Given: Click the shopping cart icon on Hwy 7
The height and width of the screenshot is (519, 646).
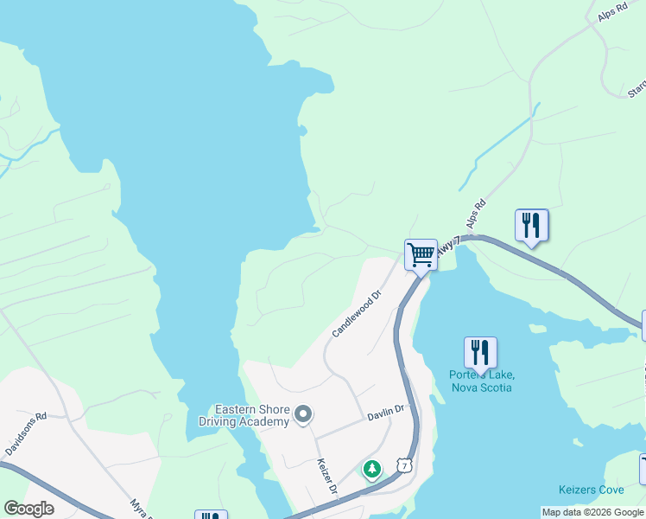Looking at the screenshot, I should [x=421, y=255].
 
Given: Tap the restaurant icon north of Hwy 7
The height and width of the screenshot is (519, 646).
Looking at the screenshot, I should [x=531, y=226].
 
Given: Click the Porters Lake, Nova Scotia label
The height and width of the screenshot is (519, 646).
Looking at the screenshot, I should [x=482, y=381].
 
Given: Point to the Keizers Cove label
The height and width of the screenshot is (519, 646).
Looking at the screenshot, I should [x=592, y=490].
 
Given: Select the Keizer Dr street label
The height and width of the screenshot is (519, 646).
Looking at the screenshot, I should [x=326, y=477].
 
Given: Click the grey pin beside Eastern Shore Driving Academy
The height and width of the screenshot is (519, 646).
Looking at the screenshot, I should [x=302, y=416].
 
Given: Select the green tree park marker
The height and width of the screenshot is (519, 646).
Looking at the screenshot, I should [x=371, y=470].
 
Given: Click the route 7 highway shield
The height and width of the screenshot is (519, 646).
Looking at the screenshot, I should [x=405, y=465].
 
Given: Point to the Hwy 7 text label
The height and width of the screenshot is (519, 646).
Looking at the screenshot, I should [x=445, y=247].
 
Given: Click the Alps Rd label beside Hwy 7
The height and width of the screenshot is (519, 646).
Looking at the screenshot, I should [x=476, y=215].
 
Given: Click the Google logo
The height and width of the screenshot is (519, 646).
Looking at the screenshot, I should [x=29, y=509].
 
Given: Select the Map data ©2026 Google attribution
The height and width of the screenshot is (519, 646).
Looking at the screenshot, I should [x=592, y=512].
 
